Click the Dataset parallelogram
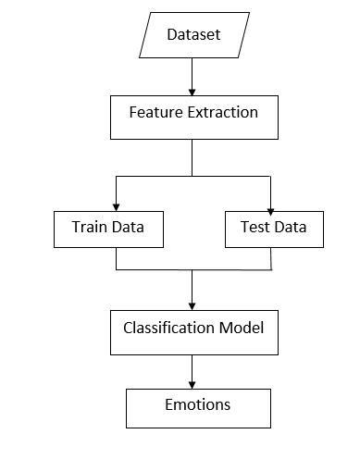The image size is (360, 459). [193, 35]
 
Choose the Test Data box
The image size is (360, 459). [274, 227]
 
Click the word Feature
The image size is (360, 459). [155, 113]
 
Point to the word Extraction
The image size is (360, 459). [224, 113]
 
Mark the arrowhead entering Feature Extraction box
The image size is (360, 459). [192, 91]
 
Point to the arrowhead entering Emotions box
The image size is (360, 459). [192, 382]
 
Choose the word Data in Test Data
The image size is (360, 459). [292, 226]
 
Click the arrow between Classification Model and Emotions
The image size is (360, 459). [192, 370]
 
